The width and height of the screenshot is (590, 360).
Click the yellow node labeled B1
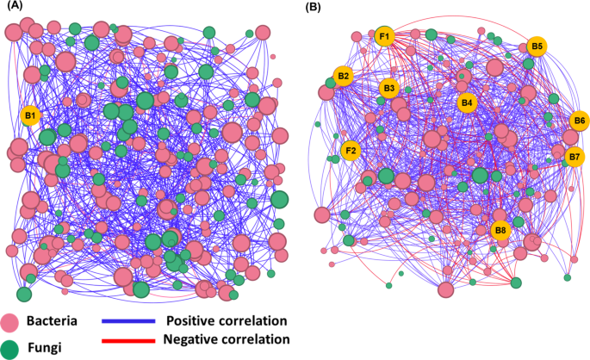pyautogui.click(x=30, y=115)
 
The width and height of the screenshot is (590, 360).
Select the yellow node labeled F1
pyautogui.click(x=384, y=36)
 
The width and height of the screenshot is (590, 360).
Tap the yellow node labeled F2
pyautogui.click(x=351, y=151)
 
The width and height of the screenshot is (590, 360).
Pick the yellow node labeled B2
pyautogui.click(x=344, y=77)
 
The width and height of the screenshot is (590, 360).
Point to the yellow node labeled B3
pyautogui.click(x=388, y=88)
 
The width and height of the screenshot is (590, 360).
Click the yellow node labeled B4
pyautogui.click(x=467, y=102)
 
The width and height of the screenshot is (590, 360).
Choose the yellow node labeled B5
pyautogui.click(x=537, y=46)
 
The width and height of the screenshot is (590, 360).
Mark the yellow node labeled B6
pyautogui.click(x=580, y=121)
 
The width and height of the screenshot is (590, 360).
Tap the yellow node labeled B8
pyautogui.click(x=500, y=230)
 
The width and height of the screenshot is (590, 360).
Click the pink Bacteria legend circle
pyautogui.click(x=10, y=323)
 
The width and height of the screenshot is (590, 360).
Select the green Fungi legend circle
pyautogui.click(x=10, y=348)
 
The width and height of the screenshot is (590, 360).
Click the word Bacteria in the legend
pyautogui.click(x=52, y=322)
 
